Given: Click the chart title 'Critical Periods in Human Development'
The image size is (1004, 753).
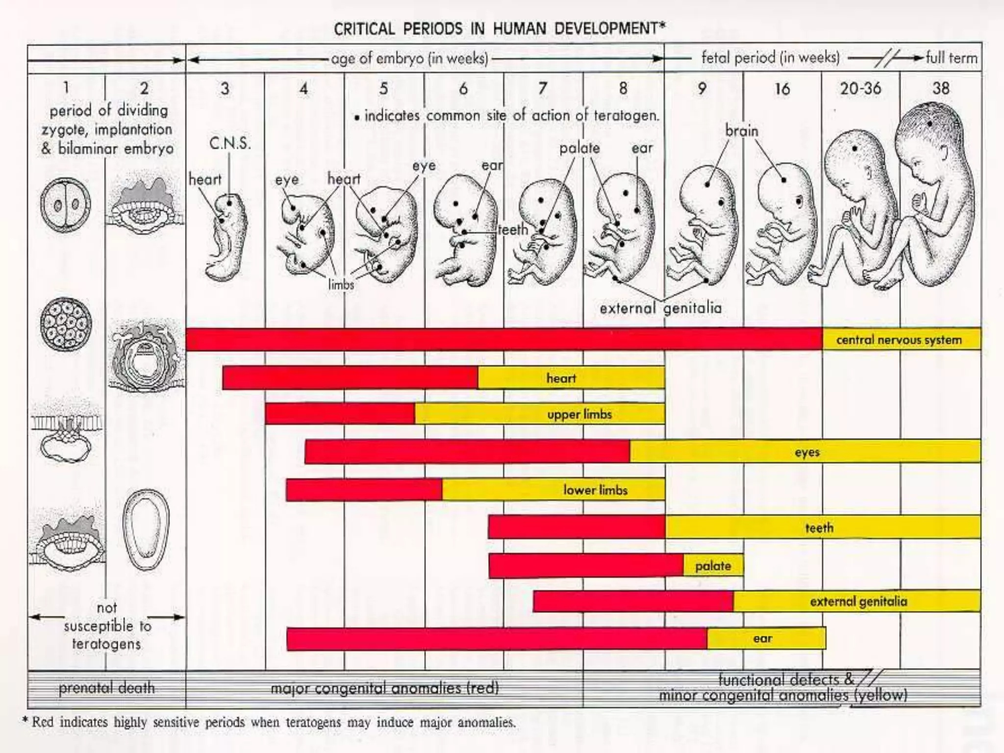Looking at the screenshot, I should point(499,28).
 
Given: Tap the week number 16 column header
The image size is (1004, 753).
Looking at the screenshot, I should point(782,89).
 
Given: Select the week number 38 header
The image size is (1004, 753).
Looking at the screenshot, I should point(940,88).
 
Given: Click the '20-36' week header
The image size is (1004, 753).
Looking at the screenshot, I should point(860,89).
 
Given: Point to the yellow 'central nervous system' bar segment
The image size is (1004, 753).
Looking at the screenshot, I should point(901,339).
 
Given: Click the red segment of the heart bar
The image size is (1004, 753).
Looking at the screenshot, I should point(350,377).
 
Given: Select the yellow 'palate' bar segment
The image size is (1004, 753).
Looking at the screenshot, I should point(713,566).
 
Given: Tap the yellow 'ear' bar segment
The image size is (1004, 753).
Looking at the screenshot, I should point(766,638).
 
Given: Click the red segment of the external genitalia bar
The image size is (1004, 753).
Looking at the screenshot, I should point(633,602).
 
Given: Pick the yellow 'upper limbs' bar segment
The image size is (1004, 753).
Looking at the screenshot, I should point(539,414).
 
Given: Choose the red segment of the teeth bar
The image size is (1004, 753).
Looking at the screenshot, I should point(577,527).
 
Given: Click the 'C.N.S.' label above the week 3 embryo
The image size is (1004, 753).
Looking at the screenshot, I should point(230,144).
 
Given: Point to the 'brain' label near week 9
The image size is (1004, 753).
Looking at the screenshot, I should point(742,131).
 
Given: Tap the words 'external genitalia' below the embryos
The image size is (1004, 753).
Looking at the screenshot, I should point(660,308).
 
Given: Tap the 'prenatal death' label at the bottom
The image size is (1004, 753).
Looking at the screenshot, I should point(106,688).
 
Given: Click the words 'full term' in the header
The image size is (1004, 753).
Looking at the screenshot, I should point(951,58).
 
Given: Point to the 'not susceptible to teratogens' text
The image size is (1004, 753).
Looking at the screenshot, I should point(106,626).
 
